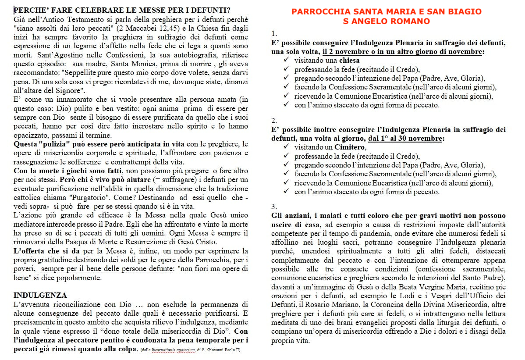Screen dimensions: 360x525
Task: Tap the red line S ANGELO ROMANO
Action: pos(386,21)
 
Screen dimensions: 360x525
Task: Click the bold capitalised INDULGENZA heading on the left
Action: pos(40,295)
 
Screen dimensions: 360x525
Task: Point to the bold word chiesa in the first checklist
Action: pos(348,60)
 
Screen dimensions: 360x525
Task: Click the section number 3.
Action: pos(274,207)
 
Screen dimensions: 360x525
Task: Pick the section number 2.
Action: pos(274,120)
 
